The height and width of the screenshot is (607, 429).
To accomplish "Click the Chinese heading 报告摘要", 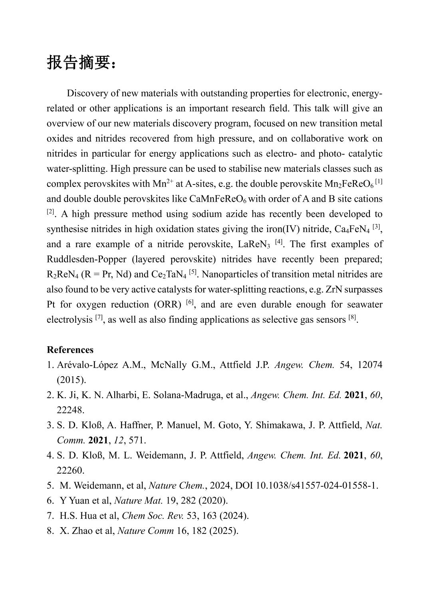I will click(81, 63).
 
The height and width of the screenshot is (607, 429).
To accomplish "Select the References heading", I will click(70, 350).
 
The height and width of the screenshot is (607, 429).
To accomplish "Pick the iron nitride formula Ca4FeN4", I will click(352, 229).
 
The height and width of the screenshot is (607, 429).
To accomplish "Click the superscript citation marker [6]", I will click(190, 302).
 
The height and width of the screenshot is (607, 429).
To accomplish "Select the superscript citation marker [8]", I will click(352, 317).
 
